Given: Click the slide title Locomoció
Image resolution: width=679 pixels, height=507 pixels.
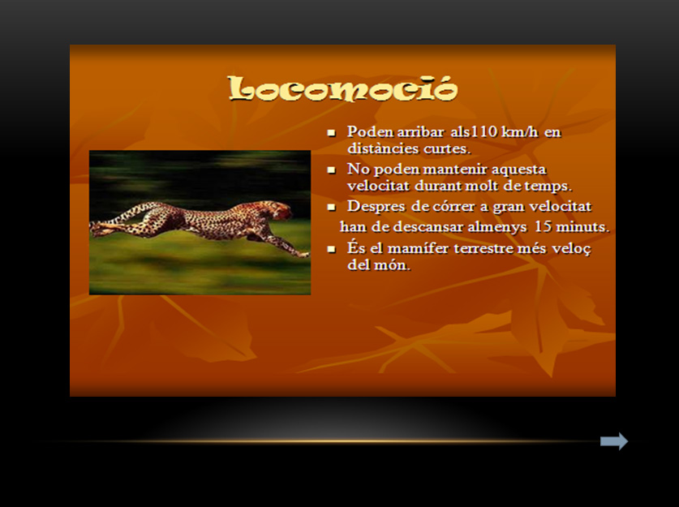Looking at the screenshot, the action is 342,89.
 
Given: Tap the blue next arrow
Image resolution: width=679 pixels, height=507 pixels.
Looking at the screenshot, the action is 614,441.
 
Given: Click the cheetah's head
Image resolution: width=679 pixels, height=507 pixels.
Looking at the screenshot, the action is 281,209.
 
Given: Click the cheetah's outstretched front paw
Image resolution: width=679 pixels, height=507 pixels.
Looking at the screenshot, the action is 303,254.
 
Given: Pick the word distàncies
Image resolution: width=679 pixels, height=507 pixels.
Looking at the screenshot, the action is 383,148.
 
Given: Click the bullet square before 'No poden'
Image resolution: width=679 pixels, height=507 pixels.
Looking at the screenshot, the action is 332,170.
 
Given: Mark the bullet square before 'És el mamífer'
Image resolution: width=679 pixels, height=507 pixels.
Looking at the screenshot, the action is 332,249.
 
